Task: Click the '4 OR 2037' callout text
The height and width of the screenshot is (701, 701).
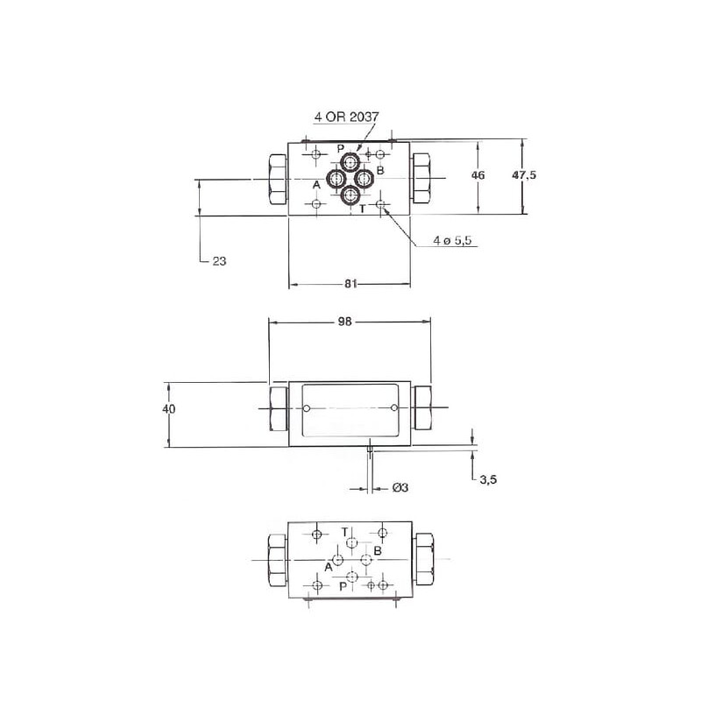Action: click(346, 117)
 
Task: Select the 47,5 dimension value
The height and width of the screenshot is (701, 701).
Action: click(524, 174)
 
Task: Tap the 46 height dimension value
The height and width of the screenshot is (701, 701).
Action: click(478, 174)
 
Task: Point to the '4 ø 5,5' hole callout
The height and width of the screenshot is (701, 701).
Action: click(452, 240)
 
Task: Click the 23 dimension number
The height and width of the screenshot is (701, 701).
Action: click(219, 261)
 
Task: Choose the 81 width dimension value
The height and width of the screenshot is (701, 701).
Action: click(351, 284)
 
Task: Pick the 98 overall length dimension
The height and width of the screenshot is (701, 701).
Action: click(344, 322)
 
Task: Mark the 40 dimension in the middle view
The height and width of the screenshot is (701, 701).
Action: click(168, 408)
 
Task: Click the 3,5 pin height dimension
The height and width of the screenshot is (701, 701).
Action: click(488, 479)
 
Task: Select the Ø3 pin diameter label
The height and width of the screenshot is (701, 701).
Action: click(400, 487)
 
